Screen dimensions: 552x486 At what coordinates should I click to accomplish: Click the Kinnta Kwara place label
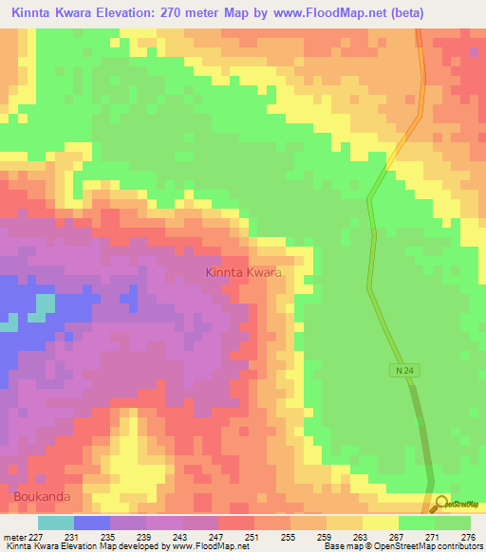244,272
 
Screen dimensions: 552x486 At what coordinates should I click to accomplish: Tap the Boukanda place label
42,496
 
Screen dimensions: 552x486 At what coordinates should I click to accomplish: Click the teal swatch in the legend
55,523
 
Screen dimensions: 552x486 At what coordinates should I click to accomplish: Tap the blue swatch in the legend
91,523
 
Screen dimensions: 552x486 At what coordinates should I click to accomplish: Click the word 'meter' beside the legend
13,537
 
